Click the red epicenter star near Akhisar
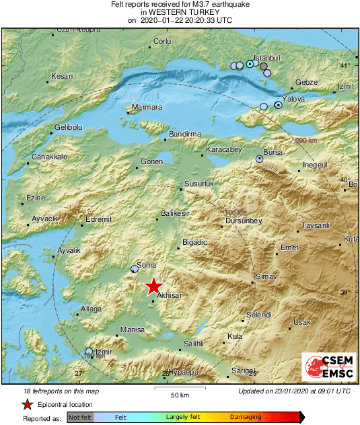pos(154,285)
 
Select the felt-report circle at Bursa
pos(260,159)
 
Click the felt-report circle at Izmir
pos(89,351)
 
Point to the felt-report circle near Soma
pos(135,269)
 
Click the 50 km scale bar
pos(179,389)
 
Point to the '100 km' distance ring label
pos(235,213)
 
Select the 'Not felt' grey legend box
pos(80,418)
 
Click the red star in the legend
pos(27,404)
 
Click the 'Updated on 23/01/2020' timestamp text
pos(294,391)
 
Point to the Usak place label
pos(302,322)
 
